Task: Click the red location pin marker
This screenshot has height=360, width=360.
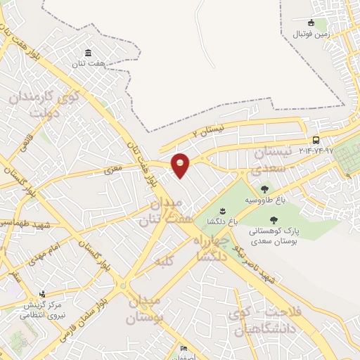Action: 181,165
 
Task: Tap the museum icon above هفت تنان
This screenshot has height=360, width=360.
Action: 87,54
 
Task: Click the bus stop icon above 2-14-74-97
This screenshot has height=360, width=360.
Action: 316,140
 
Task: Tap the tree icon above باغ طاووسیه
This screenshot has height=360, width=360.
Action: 264,188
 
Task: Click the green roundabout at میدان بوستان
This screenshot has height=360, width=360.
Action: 124,285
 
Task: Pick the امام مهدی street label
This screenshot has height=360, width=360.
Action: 46,254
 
